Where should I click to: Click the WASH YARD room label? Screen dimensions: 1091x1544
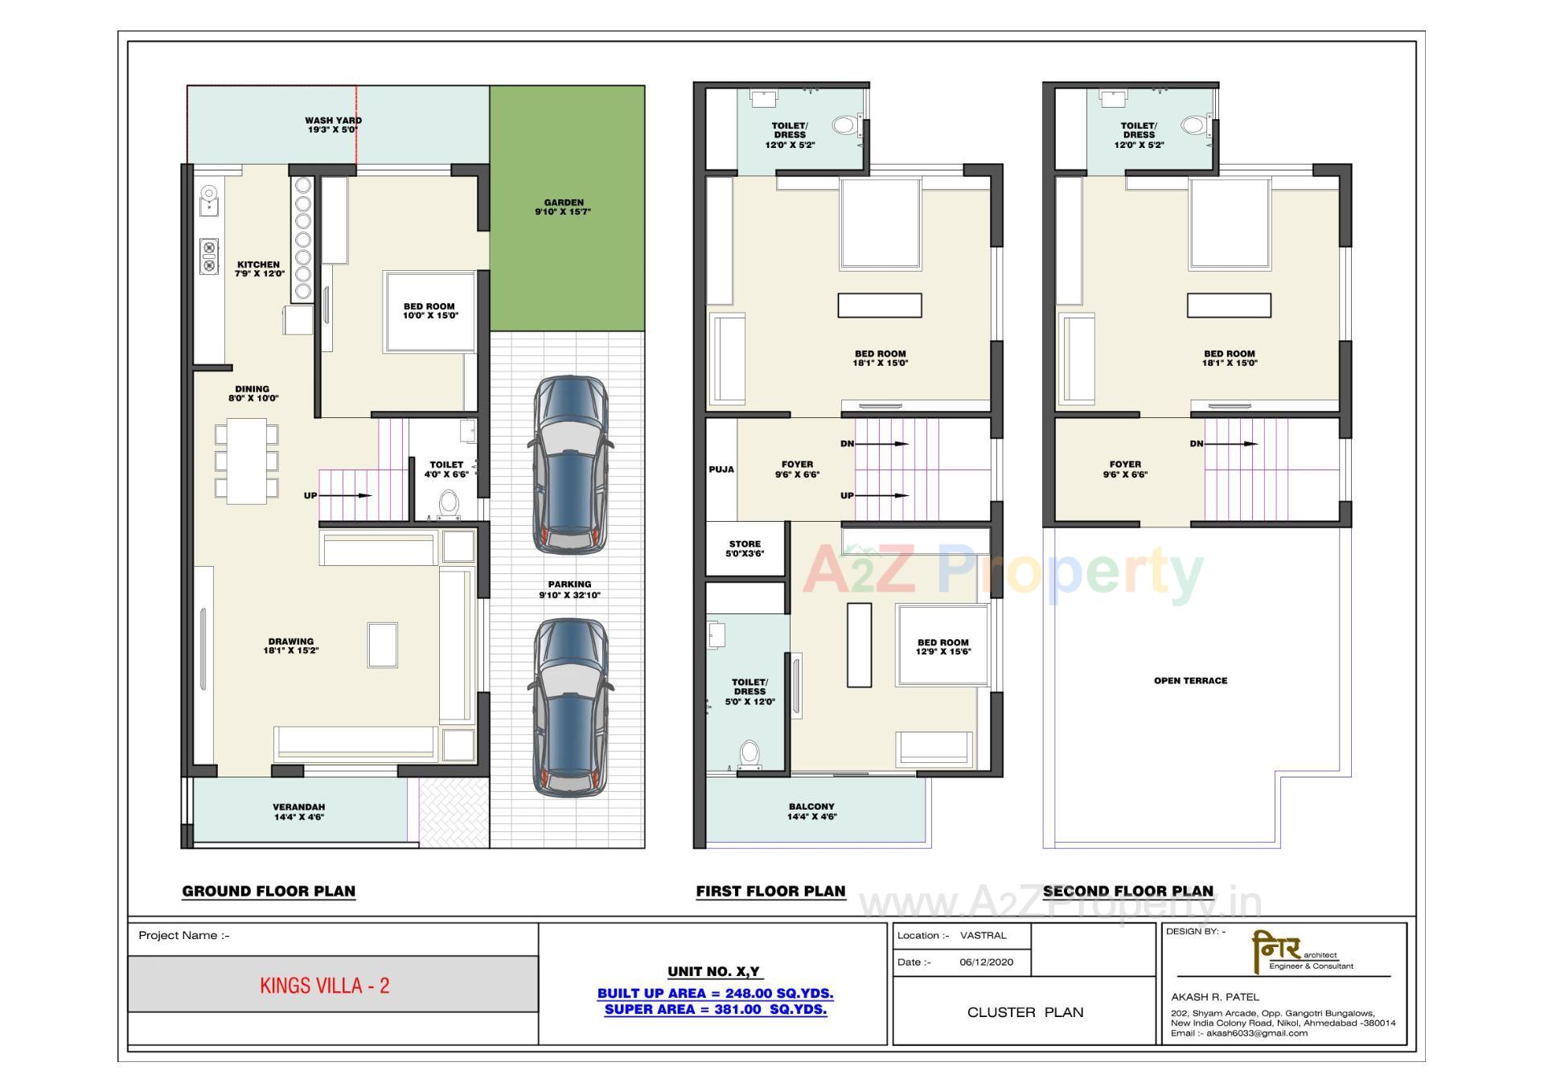click(333, 125)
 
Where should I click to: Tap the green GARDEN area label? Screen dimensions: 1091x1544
click(563, 207)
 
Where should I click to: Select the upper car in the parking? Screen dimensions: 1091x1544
click(570, 465)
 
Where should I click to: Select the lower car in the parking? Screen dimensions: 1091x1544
click(569, 708)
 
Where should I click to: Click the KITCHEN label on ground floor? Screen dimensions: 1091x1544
click(259, 269)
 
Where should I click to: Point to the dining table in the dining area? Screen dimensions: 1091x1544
click(247, 461)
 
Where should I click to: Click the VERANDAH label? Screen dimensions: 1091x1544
click(298, 811)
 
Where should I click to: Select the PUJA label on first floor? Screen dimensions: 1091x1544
click(721, 470)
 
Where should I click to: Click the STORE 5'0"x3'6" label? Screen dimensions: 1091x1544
click(745, 549)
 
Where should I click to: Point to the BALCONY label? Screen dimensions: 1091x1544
click(811, 811)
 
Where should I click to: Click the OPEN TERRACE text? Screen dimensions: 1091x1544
click(1190, 681)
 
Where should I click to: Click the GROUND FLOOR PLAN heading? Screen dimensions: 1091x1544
click(269, 891)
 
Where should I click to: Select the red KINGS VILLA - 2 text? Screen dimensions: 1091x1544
click(325, 986)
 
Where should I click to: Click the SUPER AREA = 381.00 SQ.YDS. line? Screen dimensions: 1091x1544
click(715, 1010)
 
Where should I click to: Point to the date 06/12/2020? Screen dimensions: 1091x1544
click(986, 962)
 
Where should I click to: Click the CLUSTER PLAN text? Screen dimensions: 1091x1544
click(1025, 1012)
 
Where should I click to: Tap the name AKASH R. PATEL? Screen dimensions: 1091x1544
click(1214, 997)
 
